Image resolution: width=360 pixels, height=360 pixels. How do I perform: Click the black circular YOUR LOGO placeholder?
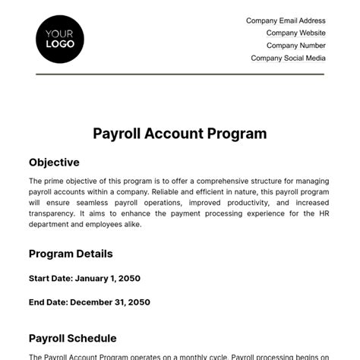60,39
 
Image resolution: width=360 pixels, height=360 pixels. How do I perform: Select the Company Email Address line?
286,21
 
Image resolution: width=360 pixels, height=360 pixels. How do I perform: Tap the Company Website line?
295,33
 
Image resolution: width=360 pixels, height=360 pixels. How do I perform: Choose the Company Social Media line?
288,58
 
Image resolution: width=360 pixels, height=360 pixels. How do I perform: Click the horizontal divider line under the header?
180,74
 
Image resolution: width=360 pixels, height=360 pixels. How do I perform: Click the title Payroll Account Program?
180,134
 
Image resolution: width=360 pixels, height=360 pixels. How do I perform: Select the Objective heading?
54,163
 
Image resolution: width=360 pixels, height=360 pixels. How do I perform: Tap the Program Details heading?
71,254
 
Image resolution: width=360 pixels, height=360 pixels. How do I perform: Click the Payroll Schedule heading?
73,338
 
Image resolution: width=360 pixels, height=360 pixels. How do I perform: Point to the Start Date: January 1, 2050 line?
84,278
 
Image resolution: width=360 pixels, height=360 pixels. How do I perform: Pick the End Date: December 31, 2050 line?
89,302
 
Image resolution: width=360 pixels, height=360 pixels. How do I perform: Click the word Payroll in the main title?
114,134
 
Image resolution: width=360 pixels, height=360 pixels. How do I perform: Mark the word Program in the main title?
238,134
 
